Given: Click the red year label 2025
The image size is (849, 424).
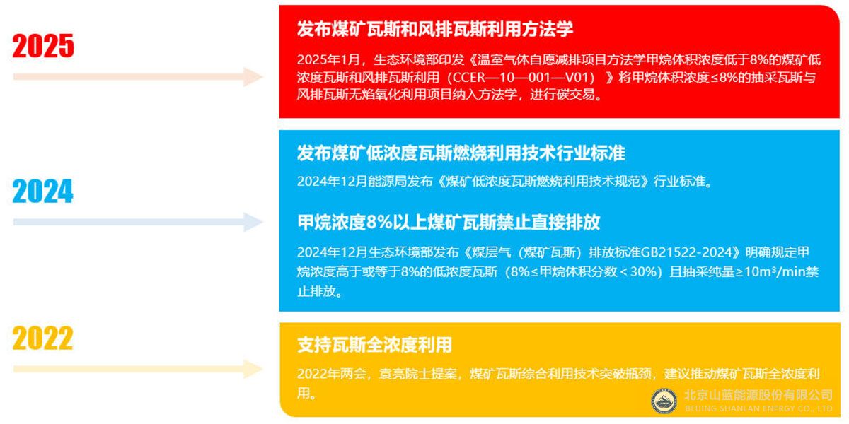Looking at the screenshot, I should coord(43,46).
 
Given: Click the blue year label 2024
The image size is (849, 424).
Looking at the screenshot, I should coord(43,191).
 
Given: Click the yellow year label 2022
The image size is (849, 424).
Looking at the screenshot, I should coord(43,338).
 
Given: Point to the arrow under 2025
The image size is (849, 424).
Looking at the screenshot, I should coord(138,76).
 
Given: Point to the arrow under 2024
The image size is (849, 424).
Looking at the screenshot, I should coord(138,222).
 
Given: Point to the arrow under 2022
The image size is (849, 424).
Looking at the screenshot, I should coord(138,368).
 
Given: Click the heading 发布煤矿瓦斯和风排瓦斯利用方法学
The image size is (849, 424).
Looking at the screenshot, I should coord(434,29).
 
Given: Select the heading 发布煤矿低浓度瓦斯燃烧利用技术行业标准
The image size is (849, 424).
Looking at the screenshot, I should coord(461,153).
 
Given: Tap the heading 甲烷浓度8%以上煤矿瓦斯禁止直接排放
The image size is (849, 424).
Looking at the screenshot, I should coord(449,223).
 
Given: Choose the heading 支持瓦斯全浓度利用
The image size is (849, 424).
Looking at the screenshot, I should coord(374,345).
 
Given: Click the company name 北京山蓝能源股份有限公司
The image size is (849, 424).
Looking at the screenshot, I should coord(758,395).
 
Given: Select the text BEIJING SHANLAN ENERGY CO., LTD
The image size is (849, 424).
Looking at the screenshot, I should coord(758,408).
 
